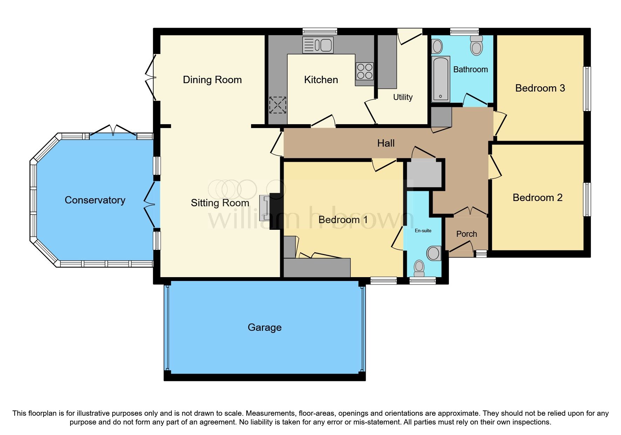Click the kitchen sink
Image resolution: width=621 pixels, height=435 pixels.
tap(318, 45)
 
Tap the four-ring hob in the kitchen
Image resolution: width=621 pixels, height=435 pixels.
tap(364, 71)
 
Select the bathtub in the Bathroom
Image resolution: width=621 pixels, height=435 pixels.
tap(440, 79)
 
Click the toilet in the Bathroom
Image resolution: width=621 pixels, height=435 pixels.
tap(477, 46)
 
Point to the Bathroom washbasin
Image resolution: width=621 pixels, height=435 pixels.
tap(437, 46)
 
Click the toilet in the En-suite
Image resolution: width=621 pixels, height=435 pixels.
tap(419, 268)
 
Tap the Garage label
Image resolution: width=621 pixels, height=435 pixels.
tap(264, 327)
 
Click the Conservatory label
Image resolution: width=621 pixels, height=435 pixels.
tap(95, 200)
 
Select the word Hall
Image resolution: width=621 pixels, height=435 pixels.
tap(386, 143)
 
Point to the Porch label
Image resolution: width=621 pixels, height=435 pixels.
tap(466, 234)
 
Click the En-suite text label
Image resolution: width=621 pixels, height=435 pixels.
tap(423, 230)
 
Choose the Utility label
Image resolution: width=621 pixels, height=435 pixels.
tap(403, 97)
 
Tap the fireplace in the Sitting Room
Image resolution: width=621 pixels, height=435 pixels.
tap(265, 208)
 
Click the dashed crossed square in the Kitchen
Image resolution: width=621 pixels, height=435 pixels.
tap(278, 105)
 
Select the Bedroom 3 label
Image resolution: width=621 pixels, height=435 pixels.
tap(540, 88)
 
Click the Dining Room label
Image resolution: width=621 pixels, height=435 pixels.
tap(212, 80)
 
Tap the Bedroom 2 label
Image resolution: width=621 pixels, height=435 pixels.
tap(537, 198)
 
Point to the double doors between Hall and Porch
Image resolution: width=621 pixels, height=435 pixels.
tap(470, 212)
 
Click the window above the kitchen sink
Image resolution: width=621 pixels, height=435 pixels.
tap(320, 32)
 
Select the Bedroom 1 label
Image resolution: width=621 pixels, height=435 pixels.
tap(343, 220)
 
